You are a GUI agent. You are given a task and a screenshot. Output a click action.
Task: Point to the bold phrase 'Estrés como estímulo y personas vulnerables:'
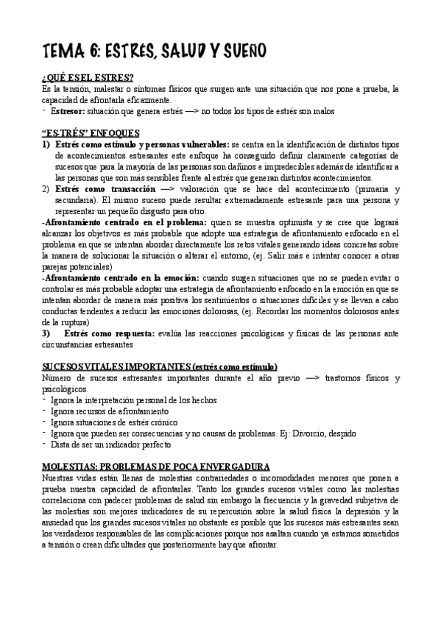[141, 145]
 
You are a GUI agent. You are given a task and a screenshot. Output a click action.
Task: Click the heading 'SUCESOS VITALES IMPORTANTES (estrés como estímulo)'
[159, 366]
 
